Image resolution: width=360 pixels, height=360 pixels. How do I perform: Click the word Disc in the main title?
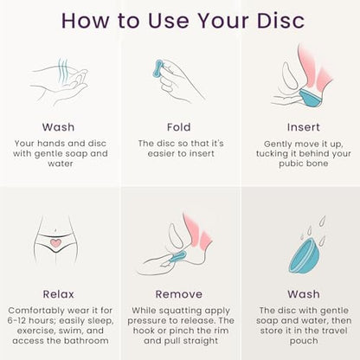(x=280, y=21)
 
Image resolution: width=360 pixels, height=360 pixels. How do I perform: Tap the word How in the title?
(x=85, y=21)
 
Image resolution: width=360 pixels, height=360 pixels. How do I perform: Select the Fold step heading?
(x=179, y=127)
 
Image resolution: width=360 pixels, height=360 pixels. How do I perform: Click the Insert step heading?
(x=304, y=127)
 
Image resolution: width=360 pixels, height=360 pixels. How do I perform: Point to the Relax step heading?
(x=59, y=294)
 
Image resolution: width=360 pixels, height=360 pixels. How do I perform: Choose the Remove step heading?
(x=179, y=294)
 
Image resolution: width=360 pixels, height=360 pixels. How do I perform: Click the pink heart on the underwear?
(x=55, y=243)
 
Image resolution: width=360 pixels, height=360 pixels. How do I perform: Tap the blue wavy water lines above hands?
(x=63, y=70)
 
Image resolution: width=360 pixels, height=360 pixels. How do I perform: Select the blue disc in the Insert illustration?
(x=310, y=98)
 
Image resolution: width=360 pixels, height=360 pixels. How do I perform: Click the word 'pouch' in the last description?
(x=304, y=341)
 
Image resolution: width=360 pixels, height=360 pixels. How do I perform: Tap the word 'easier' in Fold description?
(x=160, y=153)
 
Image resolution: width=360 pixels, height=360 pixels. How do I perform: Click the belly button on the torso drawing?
(x=55, y=230)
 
